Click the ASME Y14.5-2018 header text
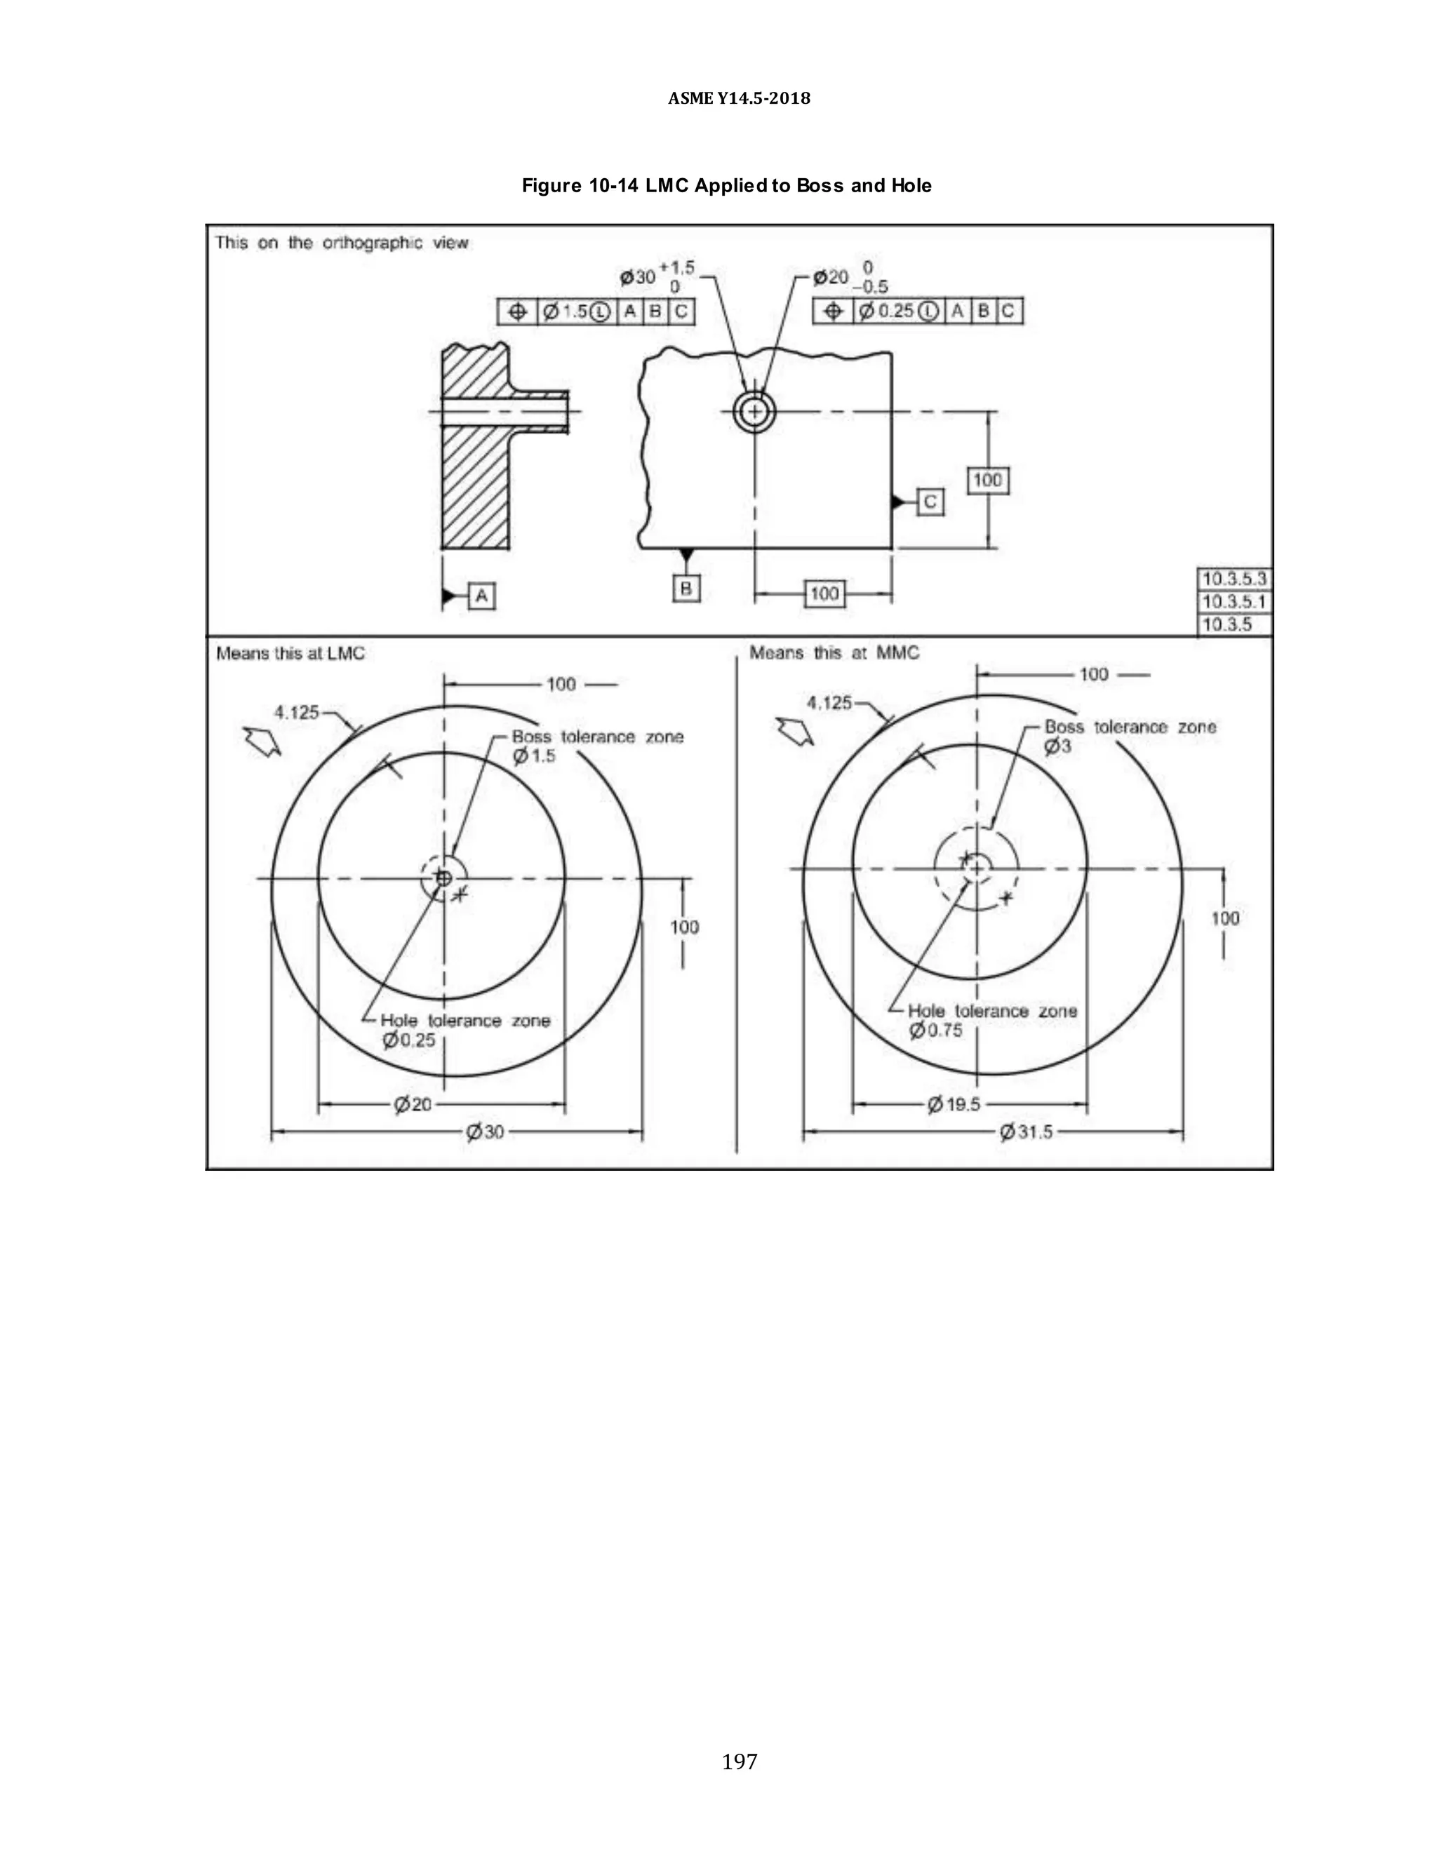739,98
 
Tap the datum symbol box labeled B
686,588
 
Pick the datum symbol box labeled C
930,502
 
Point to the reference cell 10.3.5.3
1234,579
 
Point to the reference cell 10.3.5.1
1234,602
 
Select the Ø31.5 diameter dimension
1026,1132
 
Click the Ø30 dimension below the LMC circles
486,1132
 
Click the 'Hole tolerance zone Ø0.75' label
991,1020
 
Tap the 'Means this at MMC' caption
834,653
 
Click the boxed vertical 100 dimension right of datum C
987,480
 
